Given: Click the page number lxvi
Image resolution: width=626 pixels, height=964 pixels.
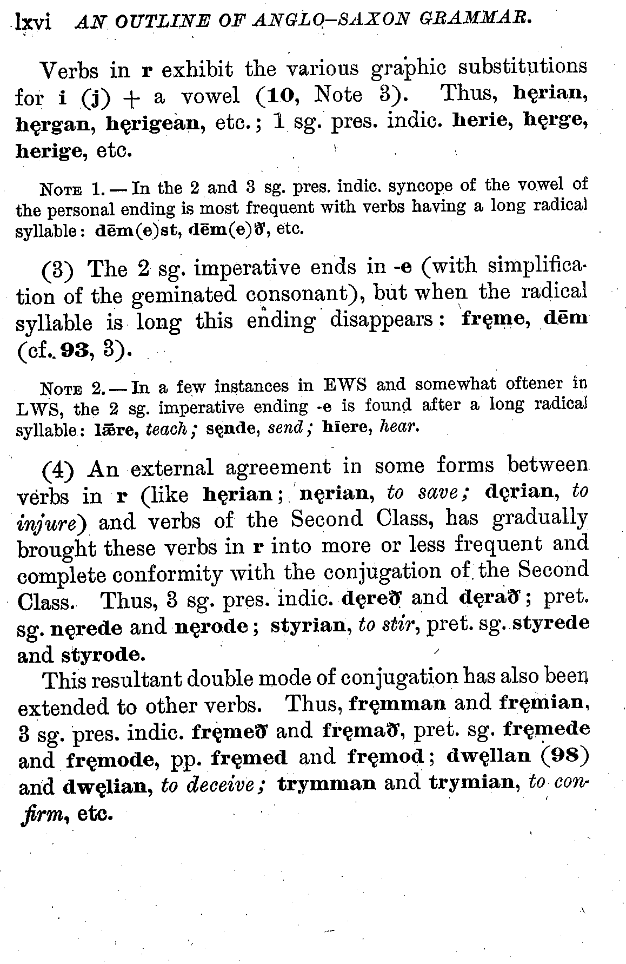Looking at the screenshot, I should [x=34, y=22].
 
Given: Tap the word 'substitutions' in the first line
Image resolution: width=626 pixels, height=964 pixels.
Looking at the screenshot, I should [x=522, y=68].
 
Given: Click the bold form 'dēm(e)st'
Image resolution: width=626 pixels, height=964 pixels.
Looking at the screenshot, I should [x=139, y=230].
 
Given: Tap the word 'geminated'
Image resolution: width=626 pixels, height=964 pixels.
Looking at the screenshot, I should [x=183, y=295].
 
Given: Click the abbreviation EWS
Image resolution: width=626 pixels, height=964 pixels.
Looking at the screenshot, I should [x=344, y=386].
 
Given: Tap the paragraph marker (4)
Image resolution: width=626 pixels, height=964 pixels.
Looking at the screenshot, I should [x=57, y=468].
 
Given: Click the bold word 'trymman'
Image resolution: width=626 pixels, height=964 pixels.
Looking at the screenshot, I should [x=327, y=783].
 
